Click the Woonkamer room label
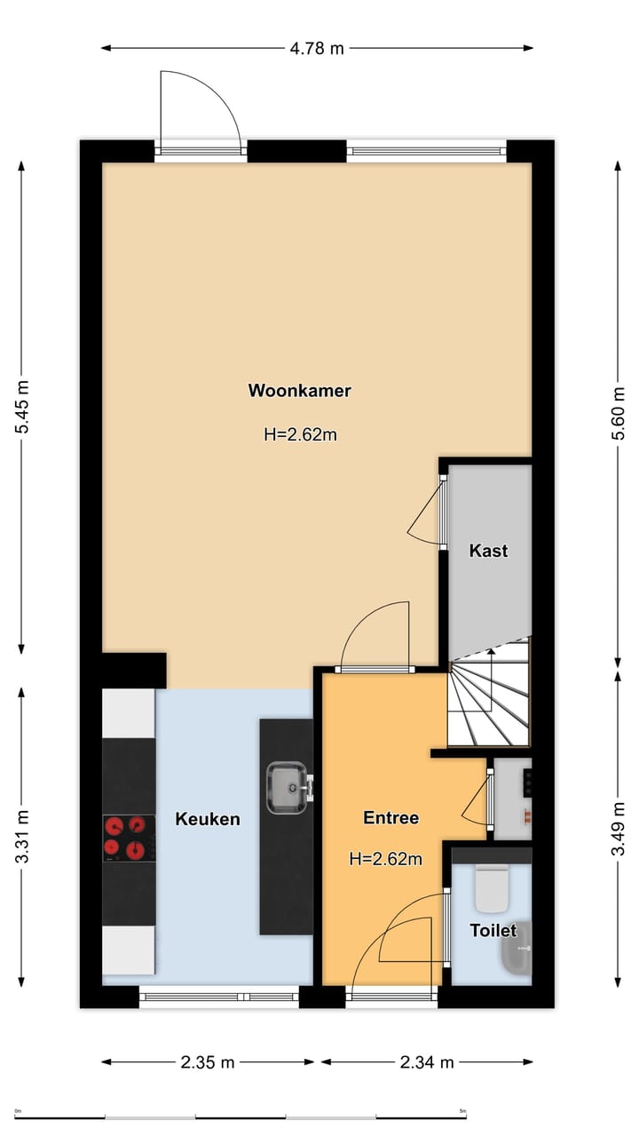(299, 390)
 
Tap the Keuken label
(208, 819)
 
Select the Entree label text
(390, 818)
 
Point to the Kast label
(488, 551)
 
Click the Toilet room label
(493, 930)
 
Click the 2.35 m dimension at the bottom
(208, 1061)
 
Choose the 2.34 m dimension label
(427, 1061)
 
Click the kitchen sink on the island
(288, 787)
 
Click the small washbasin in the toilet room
(517, 949)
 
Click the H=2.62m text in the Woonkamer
(300, 434)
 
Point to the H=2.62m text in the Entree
(385, 859)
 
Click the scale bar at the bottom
(240, 1116)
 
